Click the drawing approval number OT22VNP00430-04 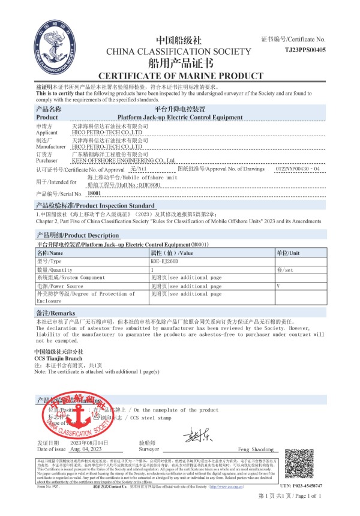297,169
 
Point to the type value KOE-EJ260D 165,262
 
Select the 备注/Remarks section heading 55,314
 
